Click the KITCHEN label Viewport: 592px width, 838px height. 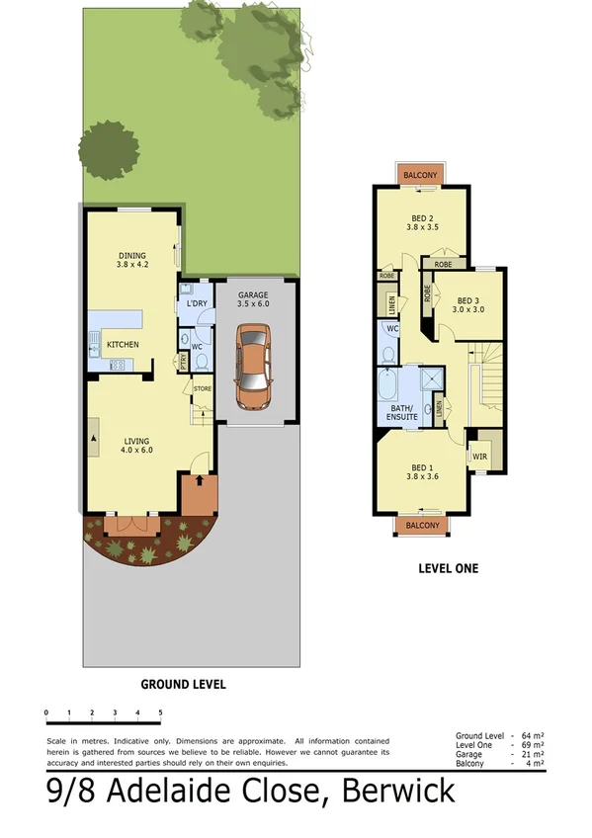[x=123, y=344]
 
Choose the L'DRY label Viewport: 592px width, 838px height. [x=197, y=303]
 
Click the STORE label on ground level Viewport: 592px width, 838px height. [x=203, y=388]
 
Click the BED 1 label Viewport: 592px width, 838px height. [x=422, y=467]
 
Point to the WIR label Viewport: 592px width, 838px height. [x=480, y=457]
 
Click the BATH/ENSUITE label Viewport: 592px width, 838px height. [x=402, y=412]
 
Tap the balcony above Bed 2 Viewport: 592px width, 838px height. [x=421, y=175]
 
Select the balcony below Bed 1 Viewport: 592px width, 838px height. [x=422, y=526]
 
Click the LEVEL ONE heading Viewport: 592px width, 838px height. [x=448, y=568]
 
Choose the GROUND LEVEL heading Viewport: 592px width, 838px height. [x=183, y=684]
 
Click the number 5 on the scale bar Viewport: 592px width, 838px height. [x=160, y=712]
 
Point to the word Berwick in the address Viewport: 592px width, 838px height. [x=399, y=792]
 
